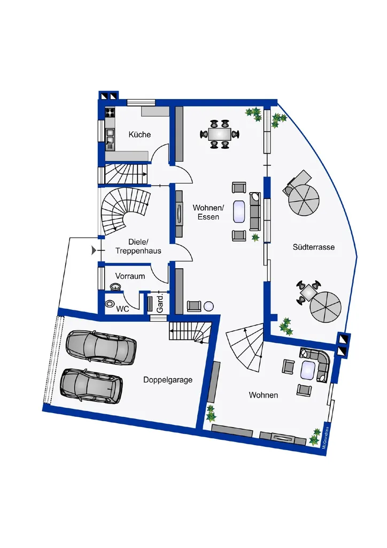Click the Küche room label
pos(140,134)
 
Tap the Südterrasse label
pos(313,247)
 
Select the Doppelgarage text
pos(168,380)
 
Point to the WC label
pos(122,309)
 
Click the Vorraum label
pos(130,276)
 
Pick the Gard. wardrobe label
pos(160,303)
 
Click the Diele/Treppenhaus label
pos(138,246)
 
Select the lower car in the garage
pos(91,385)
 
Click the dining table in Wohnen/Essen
pos(220,134)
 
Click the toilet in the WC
pos(111,303)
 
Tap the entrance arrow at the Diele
pos(94,250)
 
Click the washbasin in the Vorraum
pos(115,286)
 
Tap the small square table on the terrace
pos(308,292)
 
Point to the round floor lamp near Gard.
pos(208,306)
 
